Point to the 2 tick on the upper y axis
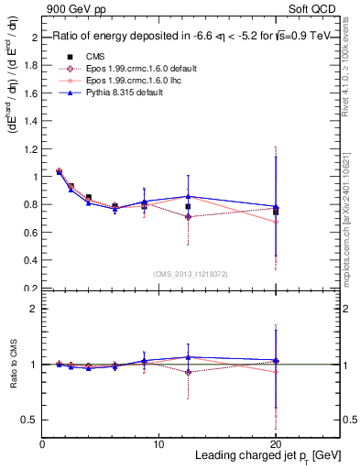pos(35,38)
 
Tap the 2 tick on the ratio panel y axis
pos(35,309)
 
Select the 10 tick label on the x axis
pos(158,443)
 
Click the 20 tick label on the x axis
pos(276,443)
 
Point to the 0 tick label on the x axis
pos(42,443)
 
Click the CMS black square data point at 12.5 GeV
pos(188,207)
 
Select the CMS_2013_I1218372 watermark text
pos(190,274)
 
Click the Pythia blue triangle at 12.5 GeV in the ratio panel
pos(188,357)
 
